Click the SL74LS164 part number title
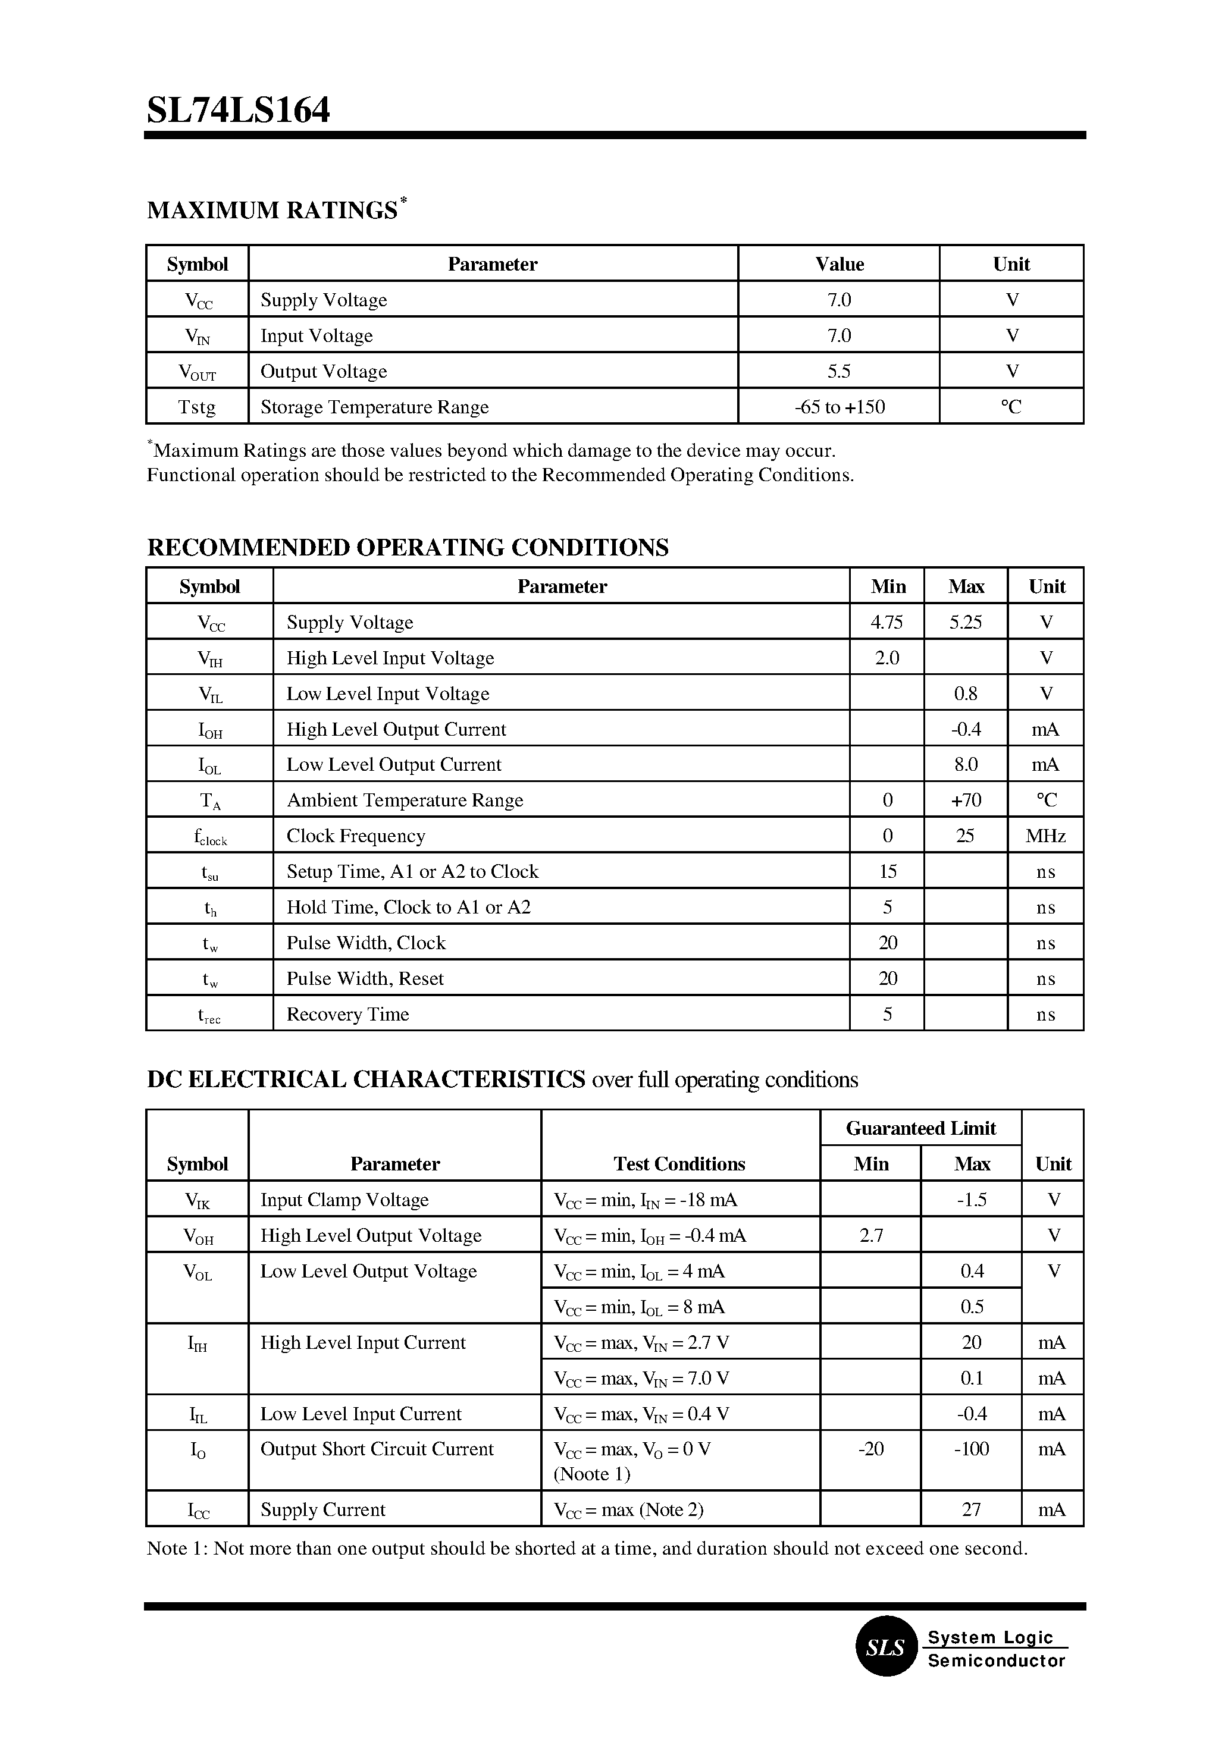click(x=238, y=111)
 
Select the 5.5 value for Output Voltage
click(x=838, y=371)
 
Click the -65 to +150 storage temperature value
click(x=839, y=407)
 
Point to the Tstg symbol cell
click(x=197, y=407)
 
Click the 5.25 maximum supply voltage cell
click(x=965, y=622)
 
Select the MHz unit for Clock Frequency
click(x=1045, y=836)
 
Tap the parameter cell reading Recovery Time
click(x=348, y=1014)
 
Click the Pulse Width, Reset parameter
click(x=365, y=978)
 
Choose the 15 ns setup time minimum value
click(x=888, y=871)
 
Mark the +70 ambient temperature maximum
click(x=966, y=800)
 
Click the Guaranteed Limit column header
click(x=920, y=1128)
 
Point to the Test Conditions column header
click(x=679, y=1164)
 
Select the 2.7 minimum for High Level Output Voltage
click(x=871, y=1236)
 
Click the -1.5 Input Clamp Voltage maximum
click(x=971, y=1200)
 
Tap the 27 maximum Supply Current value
click(x=971, y=1509)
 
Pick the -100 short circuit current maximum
click(x=971, y=1449)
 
